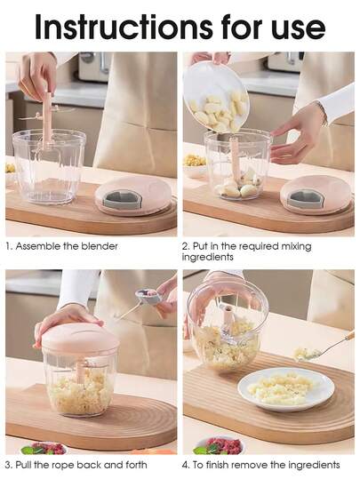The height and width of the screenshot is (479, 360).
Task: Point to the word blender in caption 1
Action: click(x=98, y=246)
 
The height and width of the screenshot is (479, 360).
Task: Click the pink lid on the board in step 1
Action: click(x=132, y=194)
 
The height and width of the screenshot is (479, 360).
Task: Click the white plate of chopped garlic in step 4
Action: click(x=285, y=387)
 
